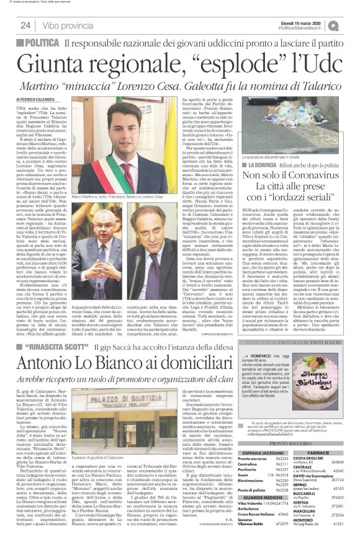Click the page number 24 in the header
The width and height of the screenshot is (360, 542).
(x=26, y=25)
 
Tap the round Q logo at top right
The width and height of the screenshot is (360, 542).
(x=351, y=25)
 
